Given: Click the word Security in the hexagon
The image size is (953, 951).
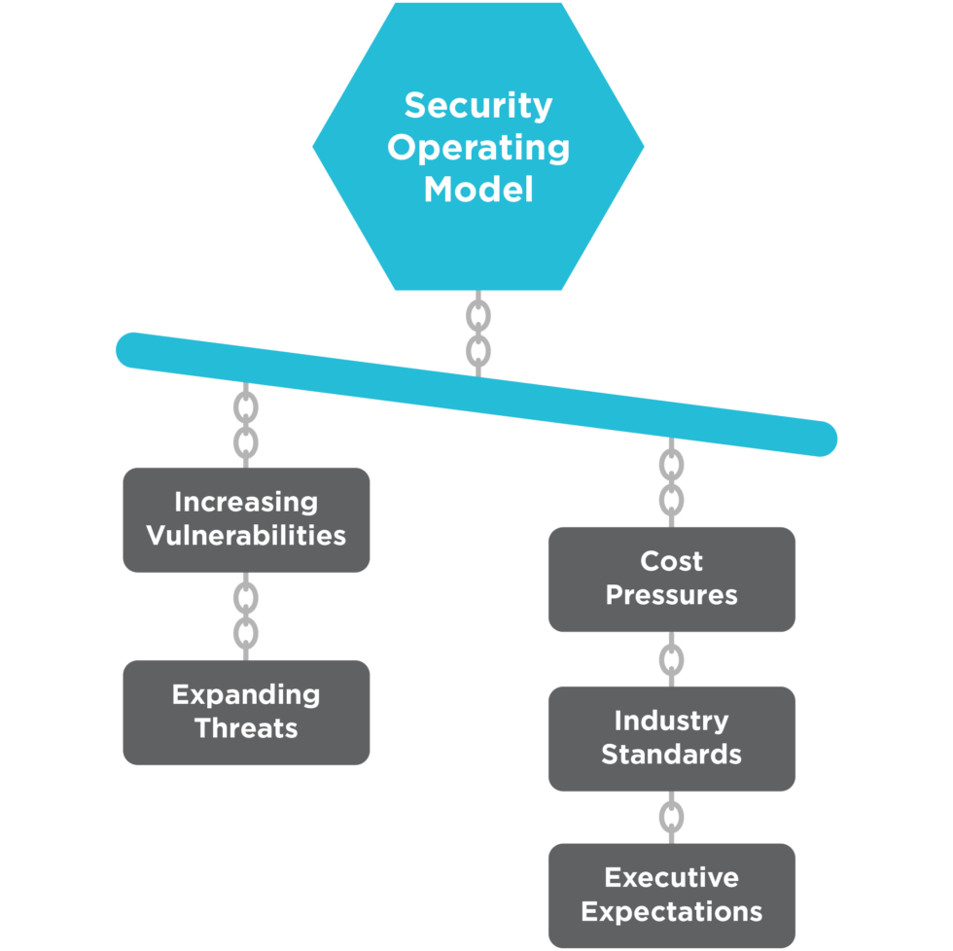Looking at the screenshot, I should [477, 105].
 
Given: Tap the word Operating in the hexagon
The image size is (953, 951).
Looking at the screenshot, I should [477, 147].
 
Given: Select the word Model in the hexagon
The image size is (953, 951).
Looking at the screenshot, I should [477, 189].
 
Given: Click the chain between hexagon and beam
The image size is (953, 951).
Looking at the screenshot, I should [477, 333].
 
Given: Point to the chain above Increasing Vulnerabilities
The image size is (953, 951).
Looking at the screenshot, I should [246, 424].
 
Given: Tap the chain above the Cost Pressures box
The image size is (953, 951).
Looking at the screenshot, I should [671, 483].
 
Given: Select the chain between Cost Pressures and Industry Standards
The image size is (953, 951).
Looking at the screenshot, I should [671, 659].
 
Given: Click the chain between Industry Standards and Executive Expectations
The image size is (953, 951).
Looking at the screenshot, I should [671, 817].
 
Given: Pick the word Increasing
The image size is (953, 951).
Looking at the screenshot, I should [246, 503].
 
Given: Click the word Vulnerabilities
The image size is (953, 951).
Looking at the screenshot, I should [246, 536].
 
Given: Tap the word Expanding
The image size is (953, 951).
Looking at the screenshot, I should [246, 695].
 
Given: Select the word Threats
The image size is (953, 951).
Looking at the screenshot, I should [246, 728].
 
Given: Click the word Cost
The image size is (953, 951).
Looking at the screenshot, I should [671, 562].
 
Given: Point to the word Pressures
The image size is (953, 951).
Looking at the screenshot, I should [671, 595].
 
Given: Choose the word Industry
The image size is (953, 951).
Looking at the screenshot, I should [671, 722].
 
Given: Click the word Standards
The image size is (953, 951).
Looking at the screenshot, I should [671, 755].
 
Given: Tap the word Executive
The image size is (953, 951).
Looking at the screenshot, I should [671, 878].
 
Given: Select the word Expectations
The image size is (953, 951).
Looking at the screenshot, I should [671, 912].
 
